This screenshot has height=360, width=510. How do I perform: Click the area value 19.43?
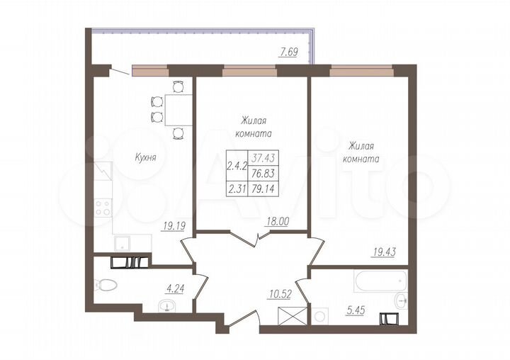pyautogui.click(x=386, y=250)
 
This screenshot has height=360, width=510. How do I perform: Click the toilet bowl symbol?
pyautogui.click(x=106, y=286)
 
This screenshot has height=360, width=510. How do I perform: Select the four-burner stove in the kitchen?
pyautogui.click(x=103, y=208)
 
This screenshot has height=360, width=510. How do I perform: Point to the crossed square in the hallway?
pyautogui.click(x=293, y=315)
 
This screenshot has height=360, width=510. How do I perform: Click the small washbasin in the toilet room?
pyautogui.click(x=167, y=307)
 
